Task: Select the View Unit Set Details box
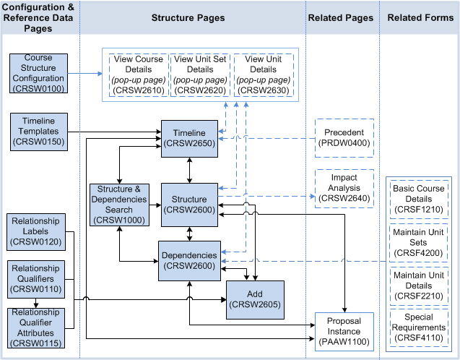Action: click(x=200, y=74)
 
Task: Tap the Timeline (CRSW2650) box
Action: click(x=188, y=138)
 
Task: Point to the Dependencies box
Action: click(x=188, y=261)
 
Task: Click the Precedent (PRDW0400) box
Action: click(x=344, y=138)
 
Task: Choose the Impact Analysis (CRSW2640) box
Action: click(x=344, y=189)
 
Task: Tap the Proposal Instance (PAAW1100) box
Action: click(x=344, y=330)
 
